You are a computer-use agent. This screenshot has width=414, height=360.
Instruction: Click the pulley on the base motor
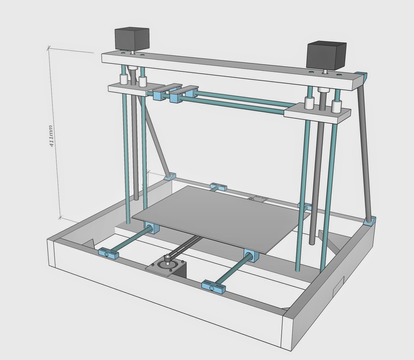click(167, 259)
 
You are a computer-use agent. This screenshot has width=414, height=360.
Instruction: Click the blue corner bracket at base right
click(370, 221)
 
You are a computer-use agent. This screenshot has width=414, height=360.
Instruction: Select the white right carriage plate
click(318, 113)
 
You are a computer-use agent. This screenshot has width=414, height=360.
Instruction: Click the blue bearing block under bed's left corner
click(152, 228)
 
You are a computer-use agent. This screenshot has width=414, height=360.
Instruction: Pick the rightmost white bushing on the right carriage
click(336, 106)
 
